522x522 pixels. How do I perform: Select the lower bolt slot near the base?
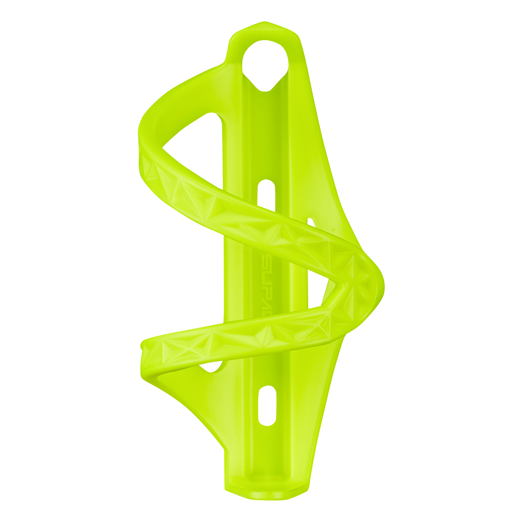[267, 405]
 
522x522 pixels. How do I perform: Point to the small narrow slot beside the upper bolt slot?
[310, 222]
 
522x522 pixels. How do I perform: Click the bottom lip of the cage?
[266, 494]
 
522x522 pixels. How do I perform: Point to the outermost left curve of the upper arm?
[141, 136]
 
